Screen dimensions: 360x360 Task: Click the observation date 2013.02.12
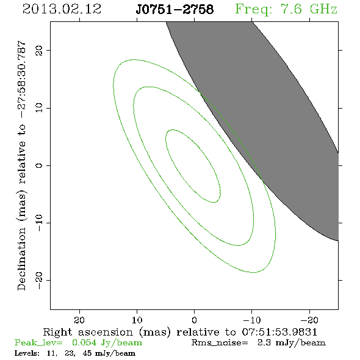62,9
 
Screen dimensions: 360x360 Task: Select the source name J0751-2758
175,9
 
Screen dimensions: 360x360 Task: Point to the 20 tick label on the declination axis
39,50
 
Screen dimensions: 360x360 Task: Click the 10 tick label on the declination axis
39,108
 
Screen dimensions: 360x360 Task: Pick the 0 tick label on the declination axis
39,165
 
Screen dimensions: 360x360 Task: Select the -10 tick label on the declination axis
39,223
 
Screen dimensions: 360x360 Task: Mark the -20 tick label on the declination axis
39,280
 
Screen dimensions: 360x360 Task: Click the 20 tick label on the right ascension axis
79,320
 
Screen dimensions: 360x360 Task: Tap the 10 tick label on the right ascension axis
137,320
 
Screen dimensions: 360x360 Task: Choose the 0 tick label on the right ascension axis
195,320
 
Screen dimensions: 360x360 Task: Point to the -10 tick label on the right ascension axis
252,320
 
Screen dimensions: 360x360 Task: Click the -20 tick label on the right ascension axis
309,320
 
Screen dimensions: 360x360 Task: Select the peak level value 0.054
84,342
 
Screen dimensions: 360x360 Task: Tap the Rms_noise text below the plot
220,343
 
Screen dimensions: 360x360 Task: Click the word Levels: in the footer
27,353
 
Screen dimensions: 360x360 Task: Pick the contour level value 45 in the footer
87,353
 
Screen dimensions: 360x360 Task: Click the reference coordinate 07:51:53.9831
279,332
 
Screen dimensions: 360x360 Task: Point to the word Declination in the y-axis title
21,259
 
